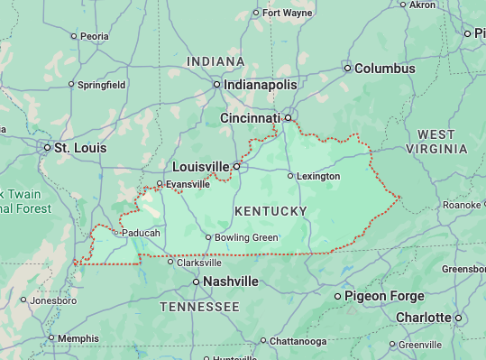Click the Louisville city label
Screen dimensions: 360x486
(201, 167)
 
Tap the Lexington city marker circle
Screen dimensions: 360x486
(290, 176)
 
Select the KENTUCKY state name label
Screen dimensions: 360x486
(271, 211)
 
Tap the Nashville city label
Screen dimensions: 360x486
(230, 282)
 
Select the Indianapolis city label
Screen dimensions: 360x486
(261, 84)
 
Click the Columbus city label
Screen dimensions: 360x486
(384, 69)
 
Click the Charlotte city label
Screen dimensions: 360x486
(423, 318)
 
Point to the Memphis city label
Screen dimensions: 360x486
(78, 338)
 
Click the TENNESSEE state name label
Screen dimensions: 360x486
(199, 308)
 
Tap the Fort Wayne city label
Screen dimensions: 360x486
(286, 13)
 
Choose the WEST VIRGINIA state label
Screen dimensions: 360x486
(436, 142)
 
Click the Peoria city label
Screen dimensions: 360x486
(94, 36)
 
